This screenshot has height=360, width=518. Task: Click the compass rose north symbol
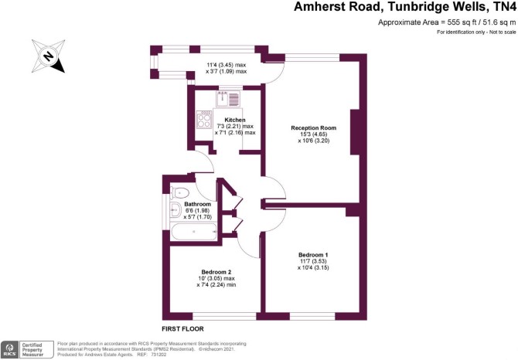(48, 56)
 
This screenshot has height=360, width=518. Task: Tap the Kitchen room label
(235, 120)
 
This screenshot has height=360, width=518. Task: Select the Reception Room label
(314, 127)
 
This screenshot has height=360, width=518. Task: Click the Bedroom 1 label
(313, 255)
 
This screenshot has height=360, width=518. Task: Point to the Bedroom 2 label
(216, 272)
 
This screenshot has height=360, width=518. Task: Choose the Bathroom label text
(198, 204)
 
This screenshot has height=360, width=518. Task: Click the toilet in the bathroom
(179, 192)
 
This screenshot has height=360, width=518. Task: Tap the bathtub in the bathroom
(194, 232)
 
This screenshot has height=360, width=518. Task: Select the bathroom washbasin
(175, 210)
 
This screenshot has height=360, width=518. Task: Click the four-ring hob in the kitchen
(204, 119)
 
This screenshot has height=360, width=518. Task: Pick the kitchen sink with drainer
(229, 98)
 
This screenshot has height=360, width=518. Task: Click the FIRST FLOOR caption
(182, 329)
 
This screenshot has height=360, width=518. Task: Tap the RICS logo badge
(9, 349)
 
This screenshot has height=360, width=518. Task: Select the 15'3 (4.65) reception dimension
(314, 134)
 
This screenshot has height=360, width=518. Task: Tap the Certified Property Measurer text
(32, 350)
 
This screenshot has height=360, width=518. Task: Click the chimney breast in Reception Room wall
(355, 132)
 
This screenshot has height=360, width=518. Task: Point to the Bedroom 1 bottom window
(312, 317)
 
